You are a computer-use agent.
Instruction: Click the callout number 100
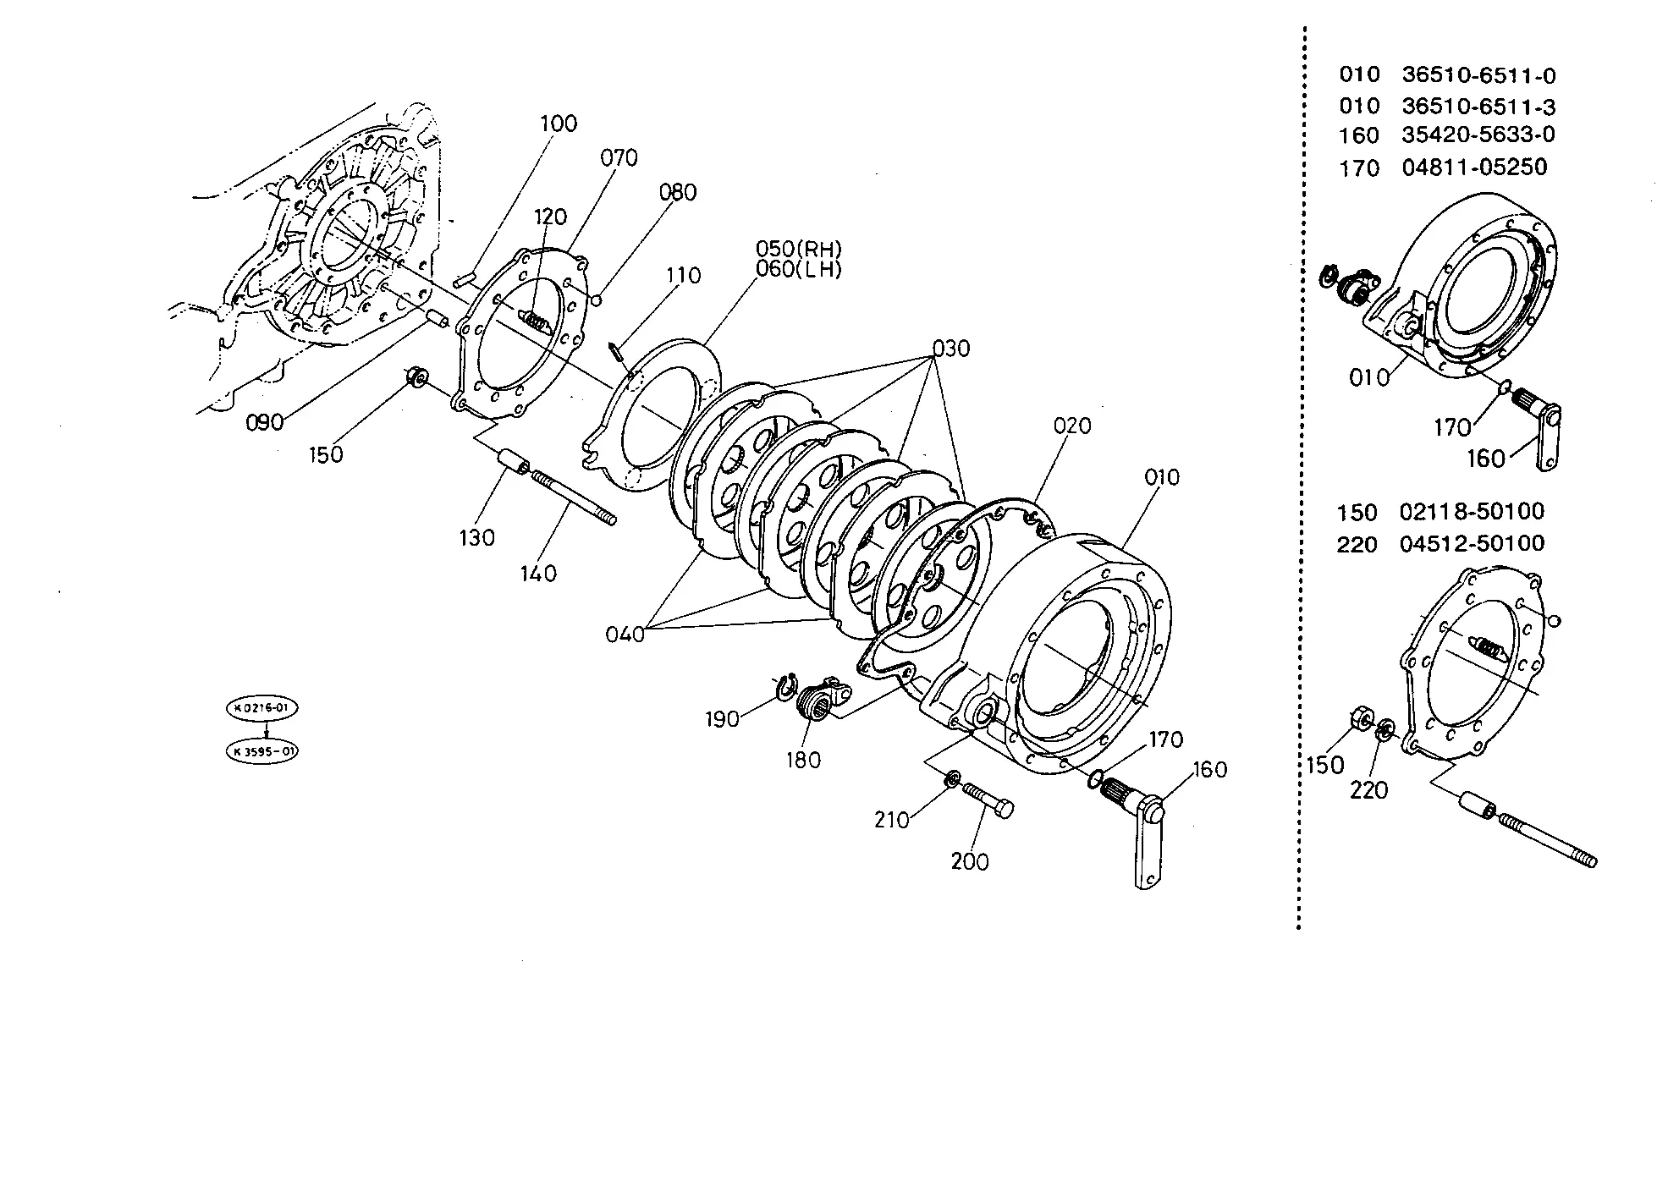coord(559,124)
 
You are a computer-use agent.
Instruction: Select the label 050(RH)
coord(799,250)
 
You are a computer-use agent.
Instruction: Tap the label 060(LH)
coord(799,270)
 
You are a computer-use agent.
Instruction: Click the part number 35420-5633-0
coord(1478,135)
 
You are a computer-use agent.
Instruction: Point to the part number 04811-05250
coord(1474,167)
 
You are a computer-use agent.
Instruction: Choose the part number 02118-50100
coord(1472,512)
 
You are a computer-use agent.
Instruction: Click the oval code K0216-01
coord(261,708)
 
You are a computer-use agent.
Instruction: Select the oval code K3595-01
coord(261,751)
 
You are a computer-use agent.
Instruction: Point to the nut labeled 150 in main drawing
coord(416,377)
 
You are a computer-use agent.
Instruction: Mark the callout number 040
coord(625,634)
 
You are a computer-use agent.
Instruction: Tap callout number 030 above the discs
coord(951,349)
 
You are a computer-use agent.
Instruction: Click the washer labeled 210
coord(952,778)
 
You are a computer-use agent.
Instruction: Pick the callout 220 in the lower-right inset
coord(1368,790)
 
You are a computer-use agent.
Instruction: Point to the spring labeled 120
coord(535,321)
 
